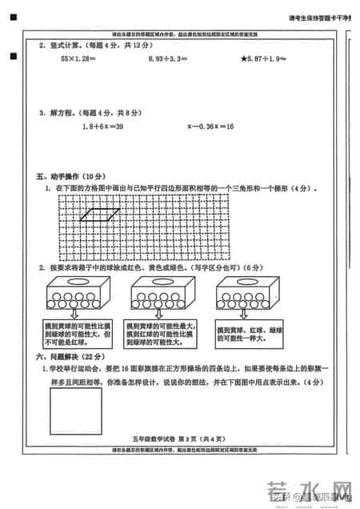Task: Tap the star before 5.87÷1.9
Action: point(245,59)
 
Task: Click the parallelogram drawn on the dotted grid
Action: point(101,214)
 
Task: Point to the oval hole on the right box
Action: point(249,283)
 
